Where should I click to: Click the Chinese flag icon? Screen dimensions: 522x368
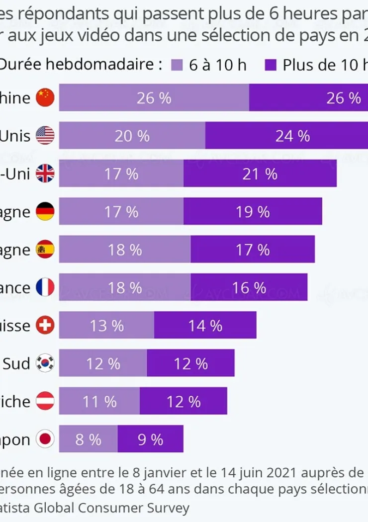point(45,98)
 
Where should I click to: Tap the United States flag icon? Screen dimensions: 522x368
point(45,136)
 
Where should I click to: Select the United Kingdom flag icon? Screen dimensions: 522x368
point(45,174)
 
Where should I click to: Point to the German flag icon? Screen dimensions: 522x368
point(45,212)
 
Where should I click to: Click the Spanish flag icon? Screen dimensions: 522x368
point(45,250)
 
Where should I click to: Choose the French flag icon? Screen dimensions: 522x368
point(45,288)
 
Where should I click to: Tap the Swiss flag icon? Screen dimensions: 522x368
point(45,326)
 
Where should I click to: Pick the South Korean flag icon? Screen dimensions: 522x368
point(45,363)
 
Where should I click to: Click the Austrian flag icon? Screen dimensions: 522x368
point(45,401)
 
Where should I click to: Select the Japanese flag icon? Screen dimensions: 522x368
point(45,439)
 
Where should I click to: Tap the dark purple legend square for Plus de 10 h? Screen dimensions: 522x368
point(271,65)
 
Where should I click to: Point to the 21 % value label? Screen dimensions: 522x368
point(260,174)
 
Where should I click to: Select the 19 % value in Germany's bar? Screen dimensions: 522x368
point(253,212)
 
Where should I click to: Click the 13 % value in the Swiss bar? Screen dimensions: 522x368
point(107,326)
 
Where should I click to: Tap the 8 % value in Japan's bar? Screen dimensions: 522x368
point(88,439)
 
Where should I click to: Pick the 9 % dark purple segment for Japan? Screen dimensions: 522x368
point(150,439)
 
